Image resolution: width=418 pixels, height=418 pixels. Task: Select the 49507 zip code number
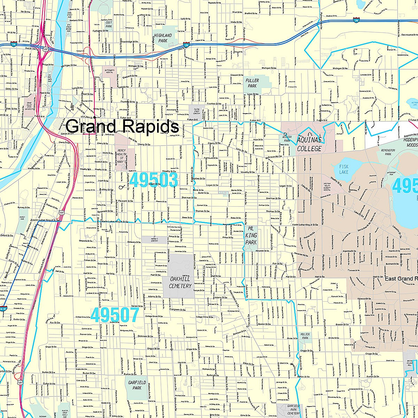[x=115, y=315]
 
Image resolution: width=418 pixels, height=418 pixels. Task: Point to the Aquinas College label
[x=309, y=145]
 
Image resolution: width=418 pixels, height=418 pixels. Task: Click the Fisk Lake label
[x=344, y=170]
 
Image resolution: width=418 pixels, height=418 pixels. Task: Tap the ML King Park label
[x=251, y=235]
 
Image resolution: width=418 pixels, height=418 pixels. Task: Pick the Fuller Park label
[x=252, y=83]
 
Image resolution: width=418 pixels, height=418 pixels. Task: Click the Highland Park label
[x=163, y=38]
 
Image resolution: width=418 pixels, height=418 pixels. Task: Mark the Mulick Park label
[x=305, y=336]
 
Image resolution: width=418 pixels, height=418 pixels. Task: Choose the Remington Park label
[x=388, y=152]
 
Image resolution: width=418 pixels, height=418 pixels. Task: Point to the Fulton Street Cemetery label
[x=197, y=111]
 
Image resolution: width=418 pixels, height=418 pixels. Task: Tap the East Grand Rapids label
[x=401, y=279]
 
